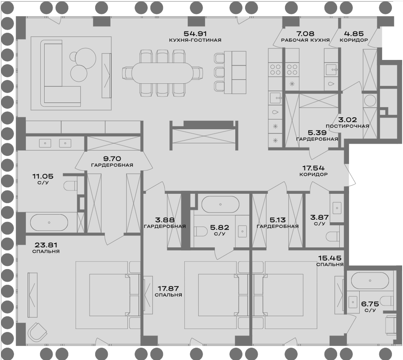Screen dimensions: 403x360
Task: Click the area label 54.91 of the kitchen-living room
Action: [x=195, y=34]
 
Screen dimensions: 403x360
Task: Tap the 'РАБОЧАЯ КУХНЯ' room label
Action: [x=305, y=40]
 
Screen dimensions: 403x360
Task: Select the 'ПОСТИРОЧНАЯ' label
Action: [x=347, y=126]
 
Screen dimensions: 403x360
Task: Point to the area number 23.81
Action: [x=45, y=245]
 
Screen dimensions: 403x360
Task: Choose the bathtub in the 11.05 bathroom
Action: [x=49, y=223]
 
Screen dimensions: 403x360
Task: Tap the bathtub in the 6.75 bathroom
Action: [x=370, y=281]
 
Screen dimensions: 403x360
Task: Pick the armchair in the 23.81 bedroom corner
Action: [x=37, y=332]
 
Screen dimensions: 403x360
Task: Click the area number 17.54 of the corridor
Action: [x=313, y=168]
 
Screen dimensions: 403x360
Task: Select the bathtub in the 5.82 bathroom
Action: [x=220, y=204]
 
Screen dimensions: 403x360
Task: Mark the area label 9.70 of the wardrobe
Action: [x=113, y=159]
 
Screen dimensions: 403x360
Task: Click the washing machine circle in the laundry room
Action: [x=370, y=101]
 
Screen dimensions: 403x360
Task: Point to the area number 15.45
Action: [x=330, y=258]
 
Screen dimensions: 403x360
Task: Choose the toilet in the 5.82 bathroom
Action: [x=201, y=232]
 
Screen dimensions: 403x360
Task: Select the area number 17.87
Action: [x=168, y=289]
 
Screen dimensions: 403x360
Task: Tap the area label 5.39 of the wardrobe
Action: [x=317, y=133]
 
